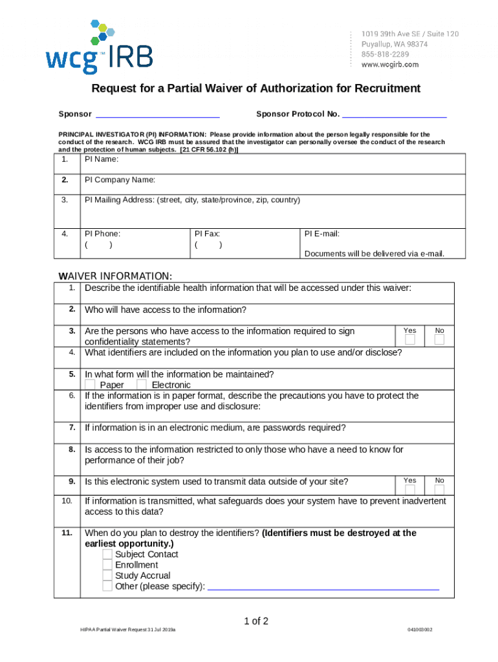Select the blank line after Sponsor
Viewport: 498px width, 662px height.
(158, 115)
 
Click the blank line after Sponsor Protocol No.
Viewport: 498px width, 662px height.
(394, 115)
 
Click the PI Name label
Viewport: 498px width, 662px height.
(102, 159)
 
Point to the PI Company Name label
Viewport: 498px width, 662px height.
(120, 180)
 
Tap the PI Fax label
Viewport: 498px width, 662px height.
(207, 233)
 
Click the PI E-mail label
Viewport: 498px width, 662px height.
(321, 233)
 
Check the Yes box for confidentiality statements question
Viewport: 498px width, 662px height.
(410, 340)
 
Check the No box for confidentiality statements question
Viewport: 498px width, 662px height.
(440, 340)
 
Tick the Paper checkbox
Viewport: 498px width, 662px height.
(90, 385)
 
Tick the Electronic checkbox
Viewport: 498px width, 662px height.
(142, 385)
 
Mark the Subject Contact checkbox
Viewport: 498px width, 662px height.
(107, 555)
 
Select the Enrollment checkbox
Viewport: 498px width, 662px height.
(107, 565)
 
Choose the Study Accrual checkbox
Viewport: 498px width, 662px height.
(107, 575)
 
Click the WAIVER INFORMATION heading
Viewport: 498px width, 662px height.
(115, 276)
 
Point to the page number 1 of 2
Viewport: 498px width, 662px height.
(255, 621)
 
